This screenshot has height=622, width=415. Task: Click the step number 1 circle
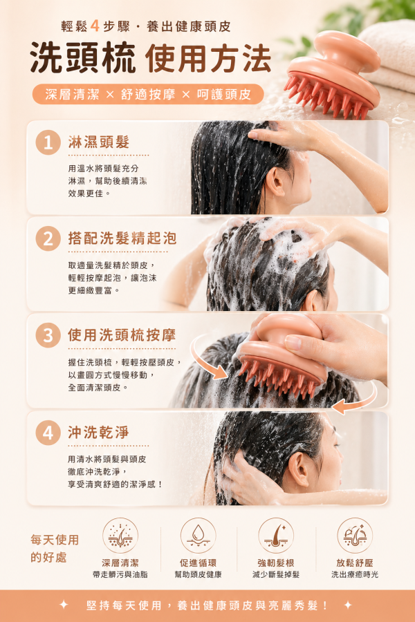(x=48, y=143)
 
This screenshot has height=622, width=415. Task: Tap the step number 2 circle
(x=48, y=239)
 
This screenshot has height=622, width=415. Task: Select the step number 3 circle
(x=48, y=336)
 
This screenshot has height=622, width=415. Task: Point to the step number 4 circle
(x=48, y=433)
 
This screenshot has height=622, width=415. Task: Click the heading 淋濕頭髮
(x=99, y=143)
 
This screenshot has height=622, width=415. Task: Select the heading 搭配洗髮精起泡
(x=122, y=239)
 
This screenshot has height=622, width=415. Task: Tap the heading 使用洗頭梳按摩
(x=122, y=336)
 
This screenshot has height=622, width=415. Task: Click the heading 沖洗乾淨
(x=99, y=433)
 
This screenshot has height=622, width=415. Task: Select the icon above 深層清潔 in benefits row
(x=120, y=536)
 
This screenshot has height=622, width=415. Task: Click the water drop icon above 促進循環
(x=198, y=536)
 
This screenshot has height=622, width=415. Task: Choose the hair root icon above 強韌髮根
(x=276, y=536)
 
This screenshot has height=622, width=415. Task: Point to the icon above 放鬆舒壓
(x=355, y=536)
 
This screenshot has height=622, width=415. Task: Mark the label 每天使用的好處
(x=55, y=548)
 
